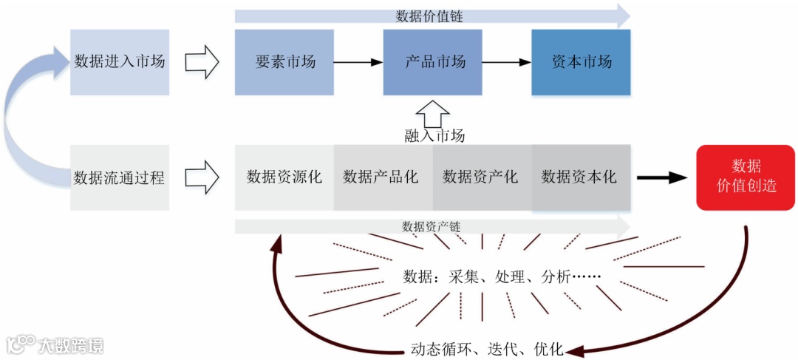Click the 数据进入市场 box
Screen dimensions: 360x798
coord(120,62)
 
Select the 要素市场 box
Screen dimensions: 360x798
coord(284,62)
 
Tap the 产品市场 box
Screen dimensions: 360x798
coord(433,62)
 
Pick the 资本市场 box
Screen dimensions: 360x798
coord(581,62)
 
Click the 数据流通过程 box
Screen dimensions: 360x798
coord(120,177)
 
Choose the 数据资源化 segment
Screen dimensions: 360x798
coord(284,177)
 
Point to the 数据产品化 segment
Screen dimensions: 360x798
coord(383,177)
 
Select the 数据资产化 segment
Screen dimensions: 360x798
coord(482,177)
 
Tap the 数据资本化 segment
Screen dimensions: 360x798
coord(581,177)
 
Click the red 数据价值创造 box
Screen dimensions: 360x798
coord(746,177)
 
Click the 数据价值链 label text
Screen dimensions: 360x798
coord(429,16)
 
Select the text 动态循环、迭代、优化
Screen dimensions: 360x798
coord(487,349)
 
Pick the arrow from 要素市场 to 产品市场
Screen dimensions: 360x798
coord(358,62)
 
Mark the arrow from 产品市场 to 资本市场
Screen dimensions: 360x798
coord(507,62)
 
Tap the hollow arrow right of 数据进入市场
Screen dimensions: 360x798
coord(201,62)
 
